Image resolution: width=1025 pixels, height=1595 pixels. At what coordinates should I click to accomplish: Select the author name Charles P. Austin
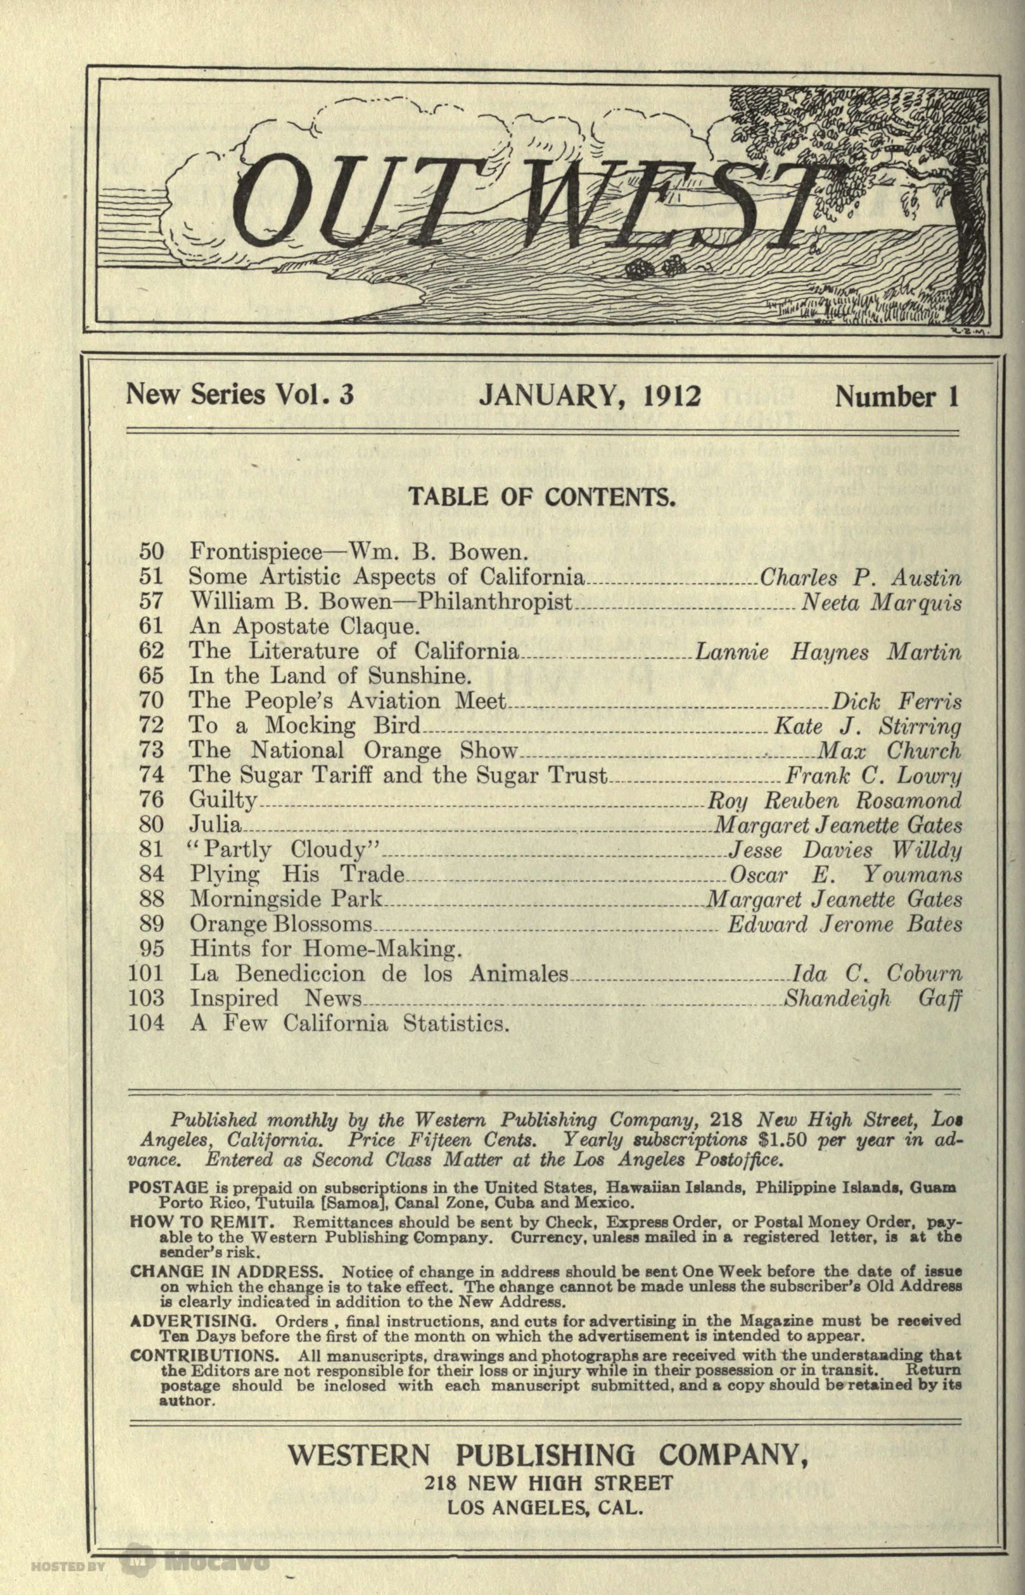(x=860, y=576)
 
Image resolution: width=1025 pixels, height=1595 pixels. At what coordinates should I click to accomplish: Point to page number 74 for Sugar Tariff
(x=151, y=775)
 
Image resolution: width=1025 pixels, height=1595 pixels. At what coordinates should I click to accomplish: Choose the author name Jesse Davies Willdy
(x=845, y=850)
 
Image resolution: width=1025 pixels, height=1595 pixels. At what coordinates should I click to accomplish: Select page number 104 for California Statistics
(x=146, y=1022)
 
